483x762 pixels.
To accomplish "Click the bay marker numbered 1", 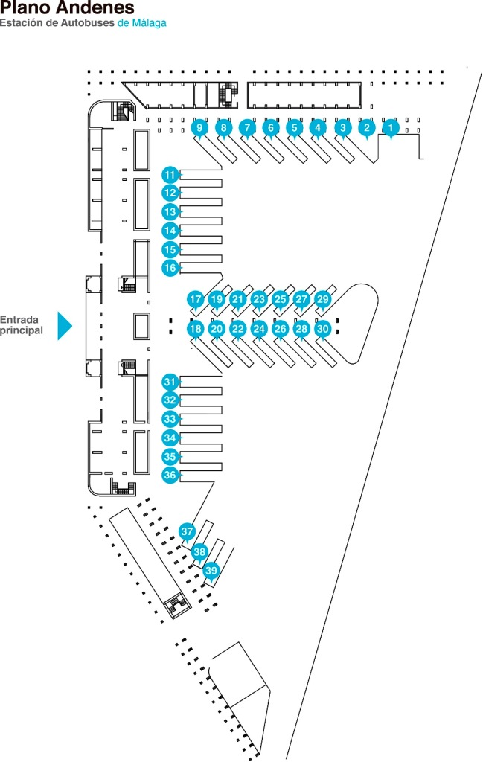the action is coord(391,128).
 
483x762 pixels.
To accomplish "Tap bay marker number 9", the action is coord(199,128).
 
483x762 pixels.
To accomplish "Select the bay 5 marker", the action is coord(295,128).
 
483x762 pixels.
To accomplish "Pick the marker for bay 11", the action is coord(170,175).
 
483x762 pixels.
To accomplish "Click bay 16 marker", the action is coord(170,268).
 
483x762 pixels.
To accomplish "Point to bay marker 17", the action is coord(195,299).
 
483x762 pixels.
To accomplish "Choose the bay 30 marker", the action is coord(323,329).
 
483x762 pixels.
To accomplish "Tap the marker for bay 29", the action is coord(323,299).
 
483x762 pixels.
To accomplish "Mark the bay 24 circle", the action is coord(259,329).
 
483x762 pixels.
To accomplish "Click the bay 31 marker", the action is coord(170,382).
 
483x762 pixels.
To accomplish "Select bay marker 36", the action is coord(170,475).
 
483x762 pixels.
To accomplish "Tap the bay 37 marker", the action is coord(187,531).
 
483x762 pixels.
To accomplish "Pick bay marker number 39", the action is coord(211,570).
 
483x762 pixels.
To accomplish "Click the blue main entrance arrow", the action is coord(64,326).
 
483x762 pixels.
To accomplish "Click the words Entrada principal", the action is coord(22,325).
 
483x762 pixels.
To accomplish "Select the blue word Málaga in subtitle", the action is coord(148,23).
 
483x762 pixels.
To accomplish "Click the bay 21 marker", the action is coord(237,299).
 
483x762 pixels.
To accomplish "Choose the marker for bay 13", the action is coord(170,212).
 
